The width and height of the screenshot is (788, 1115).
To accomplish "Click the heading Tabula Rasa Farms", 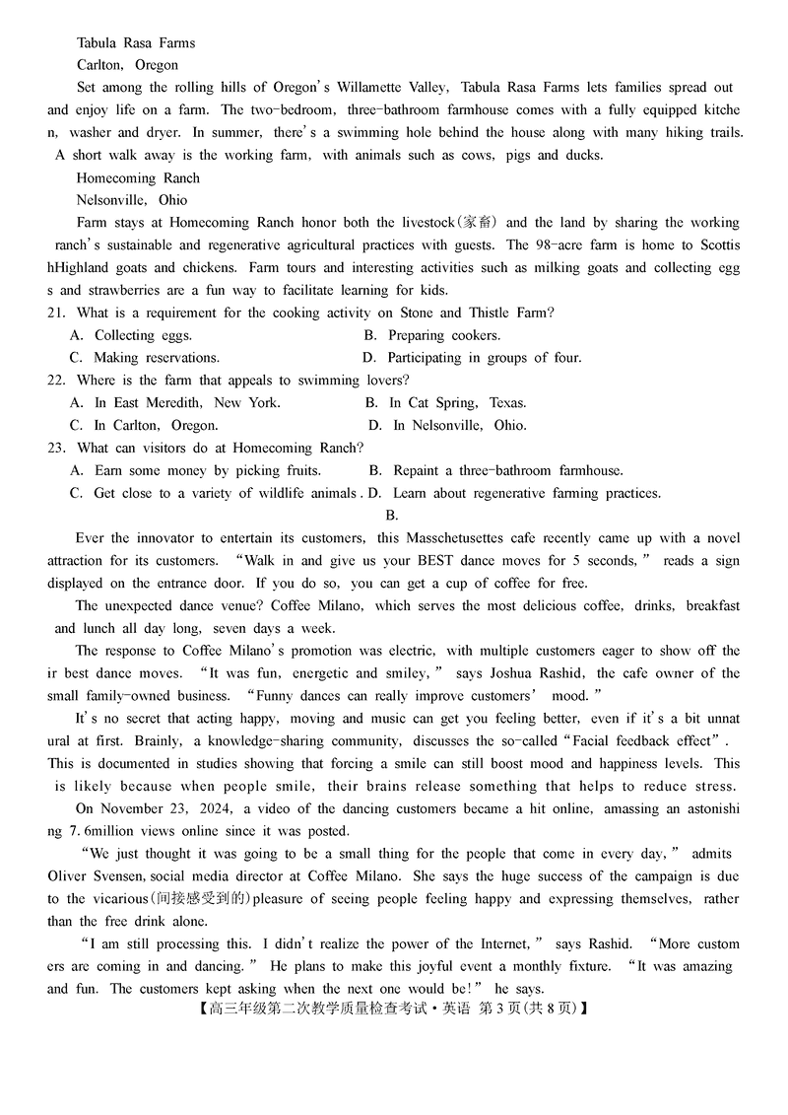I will [x=136, y=42].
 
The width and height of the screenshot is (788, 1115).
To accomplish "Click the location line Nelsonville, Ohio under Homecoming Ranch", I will [x=132, y=200].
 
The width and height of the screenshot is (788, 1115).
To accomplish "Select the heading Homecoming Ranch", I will [x=138, y=177].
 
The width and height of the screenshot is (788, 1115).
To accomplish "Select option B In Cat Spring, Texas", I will [x=445, y=402].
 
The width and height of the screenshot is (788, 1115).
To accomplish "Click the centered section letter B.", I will [x=391, y=515].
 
